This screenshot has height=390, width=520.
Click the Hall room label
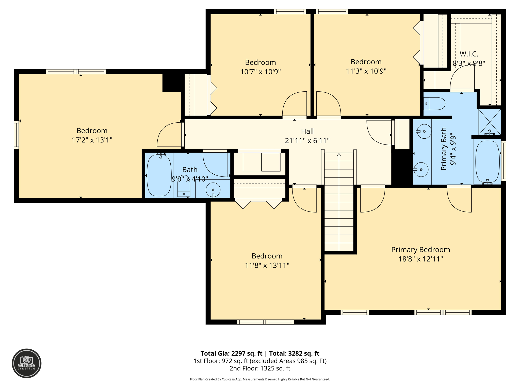[x=307, y=131]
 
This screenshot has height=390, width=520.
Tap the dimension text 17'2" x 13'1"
[x=92, y=140]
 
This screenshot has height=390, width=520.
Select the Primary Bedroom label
[x=420, y=250]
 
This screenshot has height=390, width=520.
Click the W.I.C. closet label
[x=469, y=54]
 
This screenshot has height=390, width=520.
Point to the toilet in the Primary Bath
[x=435, y=104]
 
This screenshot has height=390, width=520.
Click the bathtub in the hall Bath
[x=159, y=175]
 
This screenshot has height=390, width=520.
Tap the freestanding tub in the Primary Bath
[x=487, y=161]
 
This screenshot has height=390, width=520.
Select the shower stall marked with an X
[x=490, y=122]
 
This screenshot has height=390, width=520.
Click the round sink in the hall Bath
[x=213, y=190]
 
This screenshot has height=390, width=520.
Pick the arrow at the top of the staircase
[x=339, y=155]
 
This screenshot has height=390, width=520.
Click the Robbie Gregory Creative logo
[x=27, y=363]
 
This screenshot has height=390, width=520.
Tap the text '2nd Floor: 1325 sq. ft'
[x=260, y=368]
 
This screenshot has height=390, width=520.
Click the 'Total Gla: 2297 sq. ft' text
[x=231, y=353]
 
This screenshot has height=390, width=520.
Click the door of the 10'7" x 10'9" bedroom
[x=295, y=104]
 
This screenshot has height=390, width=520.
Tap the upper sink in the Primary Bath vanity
[x=424, y=131]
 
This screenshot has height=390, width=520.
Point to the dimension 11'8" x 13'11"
[x=267, y=265]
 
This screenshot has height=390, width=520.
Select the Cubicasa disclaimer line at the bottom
[x=260, y=379]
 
